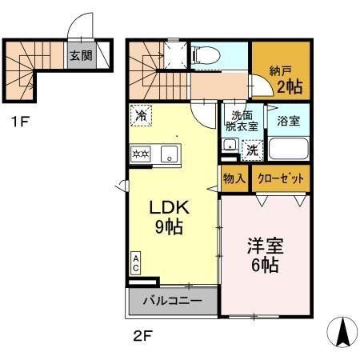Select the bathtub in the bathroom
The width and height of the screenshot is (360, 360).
[286, 149]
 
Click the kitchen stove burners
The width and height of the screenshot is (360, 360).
[141, 153]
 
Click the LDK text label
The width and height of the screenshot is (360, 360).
[169, 206]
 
